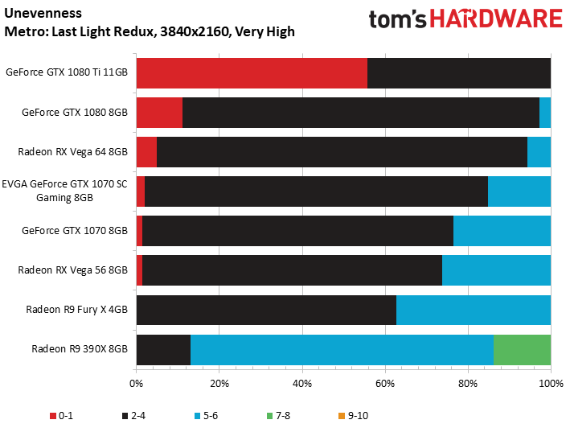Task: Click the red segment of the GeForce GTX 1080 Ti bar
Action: (x=252, y=73)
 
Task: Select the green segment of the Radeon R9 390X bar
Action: (x=522, y=349)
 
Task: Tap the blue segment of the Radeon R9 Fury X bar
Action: (x=474, y=310)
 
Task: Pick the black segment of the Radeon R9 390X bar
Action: (x=163, y=349)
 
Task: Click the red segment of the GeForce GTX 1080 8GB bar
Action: (x=159, y=113)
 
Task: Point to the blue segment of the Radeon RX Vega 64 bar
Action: (x=539, y=152)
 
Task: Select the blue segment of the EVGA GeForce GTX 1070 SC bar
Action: (x=519, y=191)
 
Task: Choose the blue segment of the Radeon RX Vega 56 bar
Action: (x=496, y=270)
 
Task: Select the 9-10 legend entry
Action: (x=351, y=415)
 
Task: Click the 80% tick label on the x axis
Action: (x=468, y=382)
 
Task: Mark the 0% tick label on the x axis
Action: (x=137, y=382)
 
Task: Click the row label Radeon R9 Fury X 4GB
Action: (x=76, y=310)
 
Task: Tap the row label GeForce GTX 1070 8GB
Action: (x=75, y=231)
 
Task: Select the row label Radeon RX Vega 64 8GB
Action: (x=72, y=152)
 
